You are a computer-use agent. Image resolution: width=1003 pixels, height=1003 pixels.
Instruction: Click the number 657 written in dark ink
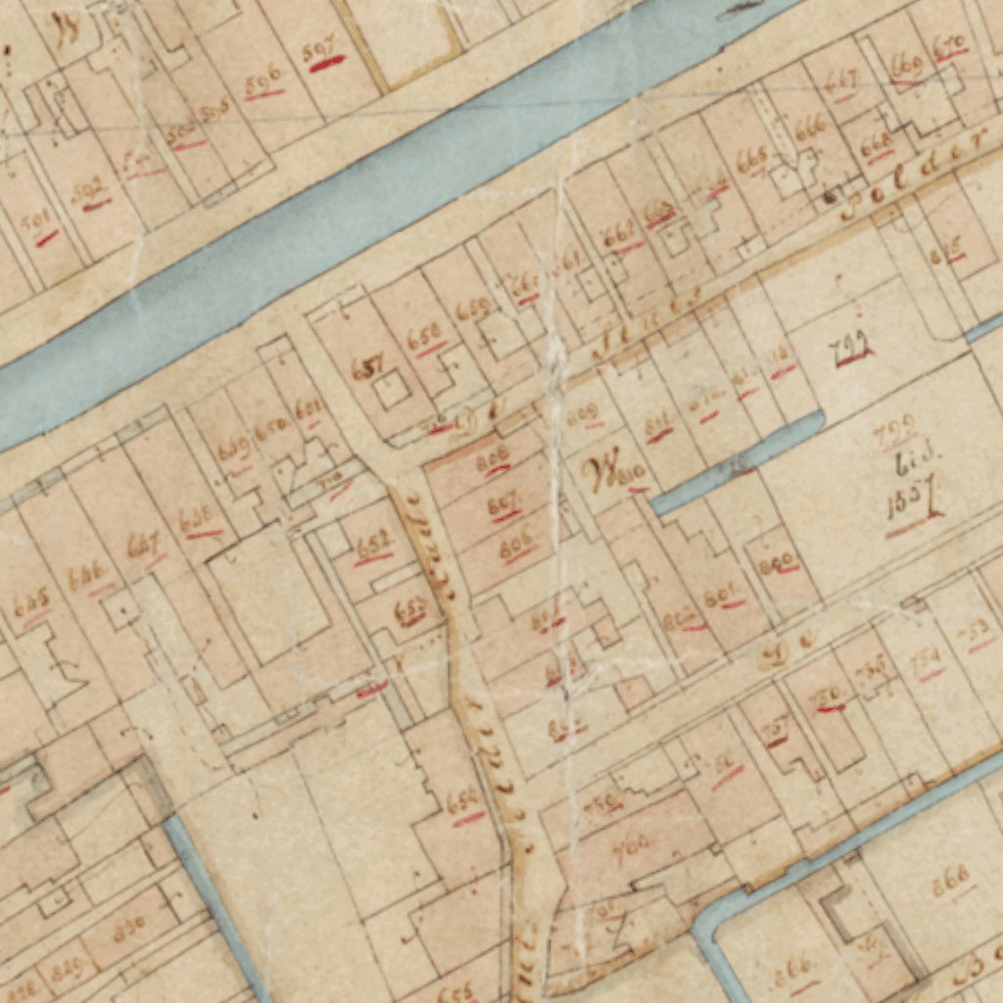(x=367, y=367)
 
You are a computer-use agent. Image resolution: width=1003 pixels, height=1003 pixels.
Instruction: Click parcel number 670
(x=949, y=45)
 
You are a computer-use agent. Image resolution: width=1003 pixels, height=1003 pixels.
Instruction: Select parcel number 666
(x=810, y=128)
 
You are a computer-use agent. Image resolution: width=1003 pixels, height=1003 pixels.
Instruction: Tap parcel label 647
(x=143, y=545)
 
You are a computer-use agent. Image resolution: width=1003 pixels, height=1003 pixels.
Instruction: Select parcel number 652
(x=373, y=545)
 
